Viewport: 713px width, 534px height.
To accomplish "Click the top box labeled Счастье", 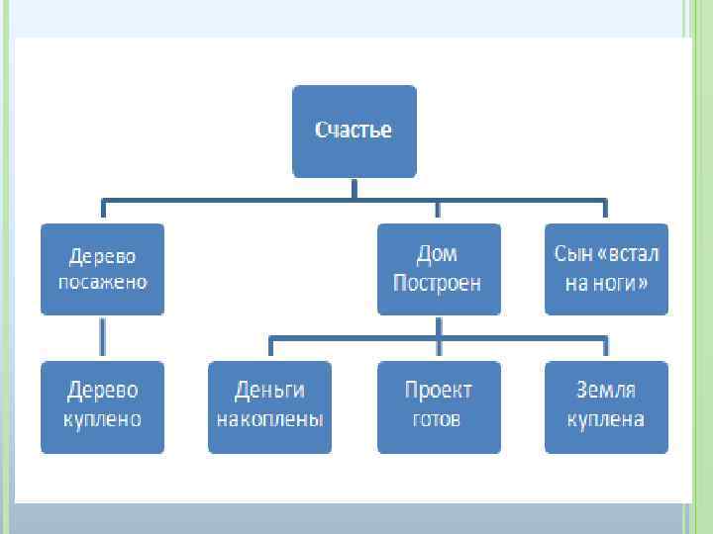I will (x=354, y=131).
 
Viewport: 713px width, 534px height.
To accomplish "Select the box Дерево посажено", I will (x=102, y=268).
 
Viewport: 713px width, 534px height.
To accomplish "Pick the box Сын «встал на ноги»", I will (x=606, y=268).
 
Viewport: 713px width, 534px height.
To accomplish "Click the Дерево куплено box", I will (x=102, y=405).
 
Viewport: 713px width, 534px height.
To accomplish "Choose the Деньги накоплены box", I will (x=269, y=405).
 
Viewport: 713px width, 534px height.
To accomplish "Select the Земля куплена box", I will (x=606, y=405).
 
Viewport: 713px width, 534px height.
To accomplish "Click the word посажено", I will (x=102, y=282).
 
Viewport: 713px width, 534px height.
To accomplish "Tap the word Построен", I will (x=437, y=283).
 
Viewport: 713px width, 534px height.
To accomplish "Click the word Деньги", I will (x=269, y=391).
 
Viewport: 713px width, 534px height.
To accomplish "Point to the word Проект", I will (x=438, y=391).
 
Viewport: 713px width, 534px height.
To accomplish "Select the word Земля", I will (x=606, y=391).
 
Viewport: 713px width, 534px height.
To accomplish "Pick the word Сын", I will (x=572, y=253).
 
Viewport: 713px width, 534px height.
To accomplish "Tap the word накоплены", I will (x=269, y=419).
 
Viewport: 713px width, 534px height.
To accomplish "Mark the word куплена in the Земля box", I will (x=606, y=419).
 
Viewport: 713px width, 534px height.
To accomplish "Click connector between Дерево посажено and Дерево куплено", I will (x=102, y=337).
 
